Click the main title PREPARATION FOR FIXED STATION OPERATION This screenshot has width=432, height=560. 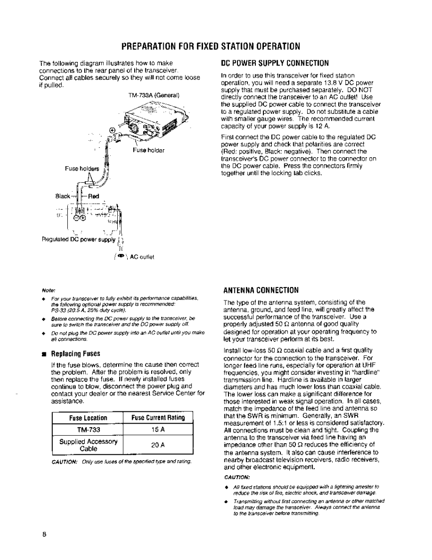pos(212,47)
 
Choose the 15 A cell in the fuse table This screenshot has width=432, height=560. pos(158,428)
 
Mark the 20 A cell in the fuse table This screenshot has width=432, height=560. pos(158,445)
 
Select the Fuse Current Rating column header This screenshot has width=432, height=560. pos(158,417)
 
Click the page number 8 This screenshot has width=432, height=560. pos(44,534)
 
